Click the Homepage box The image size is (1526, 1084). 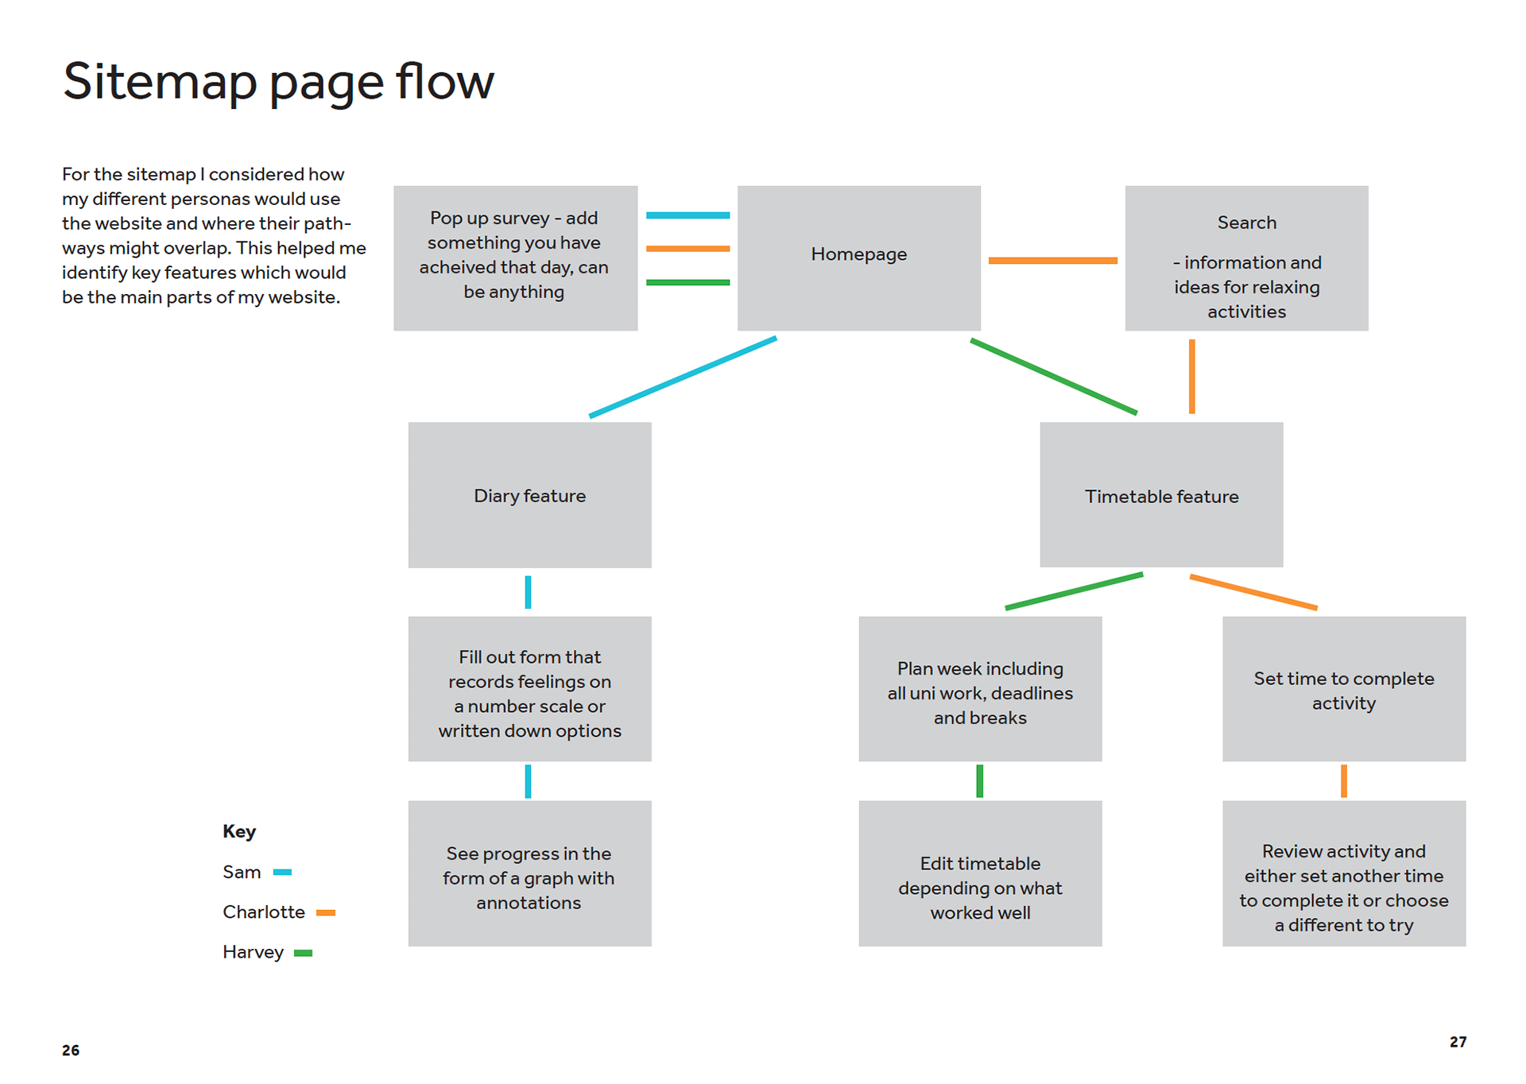(858, 257)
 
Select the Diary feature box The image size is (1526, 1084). (529, 494)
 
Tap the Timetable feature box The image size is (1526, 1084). (1161, 494)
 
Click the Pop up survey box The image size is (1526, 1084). (515, 257)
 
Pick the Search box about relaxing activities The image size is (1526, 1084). (1246, 257)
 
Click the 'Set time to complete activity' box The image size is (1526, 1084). (1344, 688)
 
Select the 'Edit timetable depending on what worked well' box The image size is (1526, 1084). (980, 873)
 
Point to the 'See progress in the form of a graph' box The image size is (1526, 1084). (529, 873)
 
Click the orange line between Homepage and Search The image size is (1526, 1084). (1052, 260)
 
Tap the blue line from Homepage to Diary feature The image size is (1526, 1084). (683, 377)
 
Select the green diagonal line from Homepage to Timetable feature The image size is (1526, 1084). (1054, 377)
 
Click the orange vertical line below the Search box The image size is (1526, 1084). (1191, 377)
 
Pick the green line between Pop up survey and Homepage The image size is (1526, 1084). (687, 282)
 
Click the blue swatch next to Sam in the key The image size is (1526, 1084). (282, 872)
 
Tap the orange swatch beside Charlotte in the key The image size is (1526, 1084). (326, 912)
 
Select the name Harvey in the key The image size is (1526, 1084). (253, 952)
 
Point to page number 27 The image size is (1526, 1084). (1458, 1042)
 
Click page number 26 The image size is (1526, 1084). (71, 1050)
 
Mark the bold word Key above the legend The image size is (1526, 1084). (239, 831)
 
